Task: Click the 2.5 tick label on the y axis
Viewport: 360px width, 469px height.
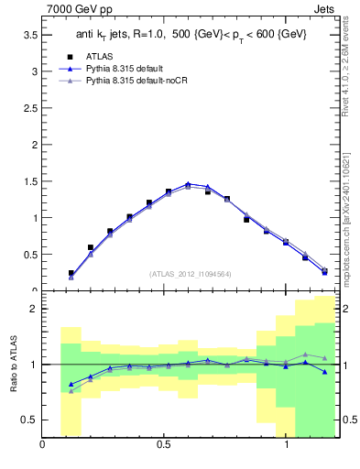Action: [28, 107]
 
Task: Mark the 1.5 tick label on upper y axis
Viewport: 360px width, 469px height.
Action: [28, 181]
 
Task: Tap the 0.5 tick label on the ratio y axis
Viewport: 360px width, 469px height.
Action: [28, 420]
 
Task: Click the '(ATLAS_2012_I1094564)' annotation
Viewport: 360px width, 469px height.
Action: [191, 273]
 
